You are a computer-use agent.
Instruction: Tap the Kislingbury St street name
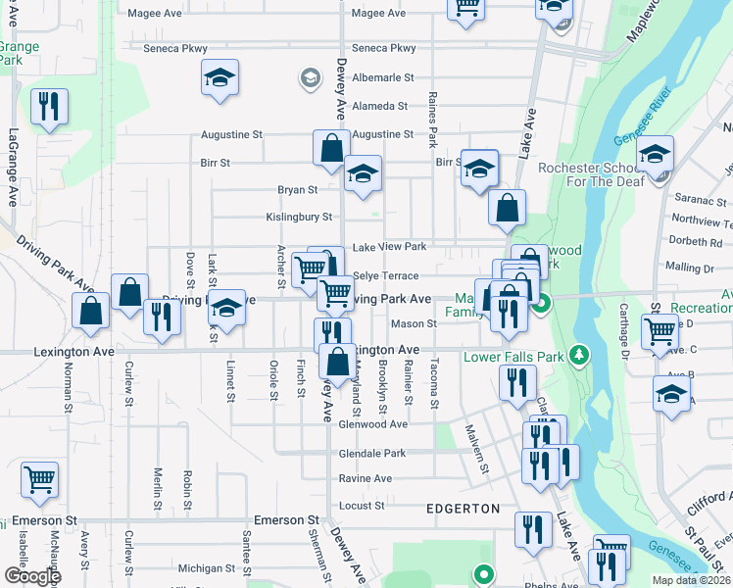coord(300,217)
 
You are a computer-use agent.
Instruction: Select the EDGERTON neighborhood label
coord(464,509)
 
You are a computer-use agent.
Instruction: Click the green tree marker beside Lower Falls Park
coord(580,353)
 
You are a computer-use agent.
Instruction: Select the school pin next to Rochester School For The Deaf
coord(655,156)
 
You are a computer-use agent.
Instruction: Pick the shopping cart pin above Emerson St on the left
coord(39,480)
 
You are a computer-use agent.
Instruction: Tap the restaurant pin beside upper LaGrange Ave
coord(49,107)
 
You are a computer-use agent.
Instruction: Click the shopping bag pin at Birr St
coord(332,148)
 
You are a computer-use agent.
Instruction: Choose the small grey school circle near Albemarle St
coord(310,76)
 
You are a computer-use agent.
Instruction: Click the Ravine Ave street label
coord(366,479)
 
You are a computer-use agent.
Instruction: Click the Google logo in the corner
coord(31,575)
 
